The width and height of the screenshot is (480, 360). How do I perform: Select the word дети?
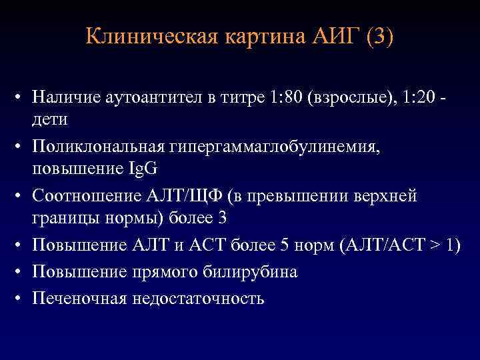49,119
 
